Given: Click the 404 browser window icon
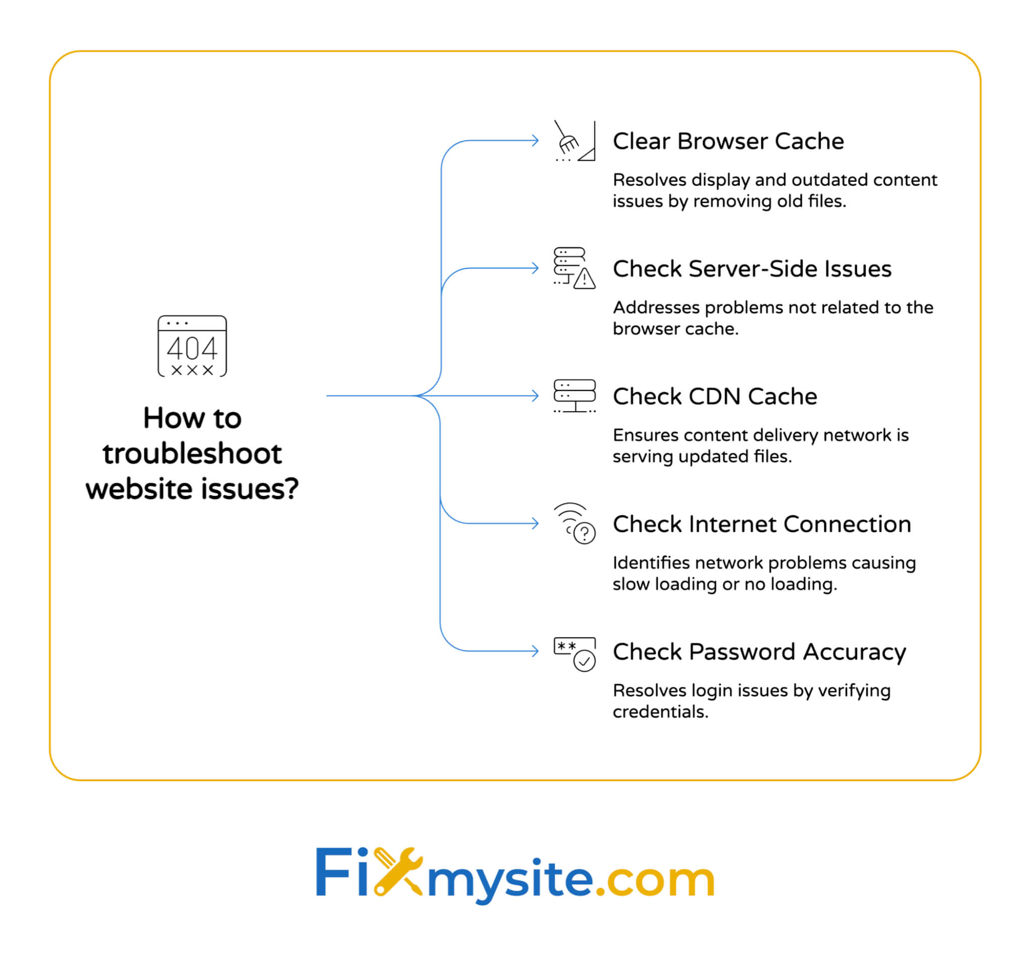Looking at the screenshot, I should pyautogui.click(x=192, y=346).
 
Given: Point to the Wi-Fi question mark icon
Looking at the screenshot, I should pyautogui.click(x=574, y=523).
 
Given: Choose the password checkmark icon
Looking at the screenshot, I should pyautogui.click(x=574, y=654).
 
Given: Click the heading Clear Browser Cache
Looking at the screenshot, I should pyautogui.click(x=728, y=141).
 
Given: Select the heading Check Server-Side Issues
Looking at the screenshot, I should pyautogui.click(x=752, y=269).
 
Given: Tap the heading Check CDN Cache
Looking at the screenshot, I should pyautogui.click(x=715, y=397).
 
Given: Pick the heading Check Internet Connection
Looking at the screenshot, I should pyautogui.click(x=761, y=524).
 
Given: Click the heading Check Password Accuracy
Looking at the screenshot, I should pyautogui.click(x=759, y=652).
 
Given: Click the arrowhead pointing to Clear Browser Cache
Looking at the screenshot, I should pyautogui.click(x=536, y=140).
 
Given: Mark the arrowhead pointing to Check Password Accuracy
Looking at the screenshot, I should pyautogui.click(x=536, y=651).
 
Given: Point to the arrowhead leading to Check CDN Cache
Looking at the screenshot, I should pyautogui.click(x=536, y=396).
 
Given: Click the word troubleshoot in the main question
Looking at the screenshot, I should pyautogui.click(x=192, y=454).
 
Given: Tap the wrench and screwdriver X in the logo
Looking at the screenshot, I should pyautogui.click(x=398, y=871).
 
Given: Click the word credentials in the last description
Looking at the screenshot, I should pyautogui.click(x=659, y=712).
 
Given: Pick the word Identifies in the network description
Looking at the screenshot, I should pyautogui.click(x=651, y=563).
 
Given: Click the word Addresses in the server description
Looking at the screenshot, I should pyautogui.click(x=656, y=308).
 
